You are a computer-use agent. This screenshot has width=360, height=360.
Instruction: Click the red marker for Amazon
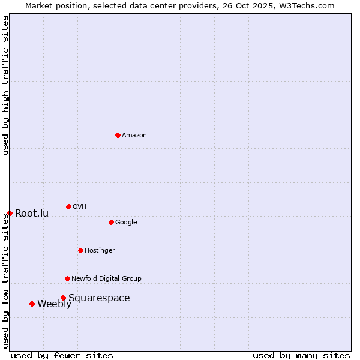118,135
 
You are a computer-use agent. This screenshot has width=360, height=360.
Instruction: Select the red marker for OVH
68,206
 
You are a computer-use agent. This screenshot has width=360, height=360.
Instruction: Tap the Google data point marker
111,222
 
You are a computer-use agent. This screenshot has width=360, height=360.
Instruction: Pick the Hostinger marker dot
80,250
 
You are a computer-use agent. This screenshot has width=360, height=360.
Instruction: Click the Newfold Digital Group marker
67,278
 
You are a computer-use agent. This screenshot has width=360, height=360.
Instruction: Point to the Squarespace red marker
63,298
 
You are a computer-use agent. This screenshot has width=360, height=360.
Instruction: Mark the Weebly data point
32,304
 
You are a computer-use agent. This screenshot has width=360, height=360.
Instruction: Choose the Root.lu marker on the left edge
10,213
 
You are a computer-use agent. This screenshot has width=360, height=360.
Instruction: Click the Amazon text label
134,136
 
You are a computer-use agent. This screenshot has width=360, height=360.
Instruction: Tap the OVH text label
80,207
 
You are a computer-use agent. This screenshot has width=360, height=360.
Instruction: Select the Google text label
126,223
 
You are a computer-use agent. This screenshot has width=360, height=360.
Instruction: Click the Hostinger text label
100,251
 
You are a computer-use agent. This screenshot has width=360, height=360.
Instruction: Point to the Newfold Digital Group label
106,278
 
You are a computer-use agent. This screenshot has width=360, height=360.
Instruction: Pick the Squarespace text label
99,298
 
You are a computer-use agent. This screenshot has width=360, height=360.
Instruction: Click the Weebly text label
54,304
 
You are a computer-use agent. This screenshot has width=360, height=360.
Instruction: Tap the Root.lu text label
32,214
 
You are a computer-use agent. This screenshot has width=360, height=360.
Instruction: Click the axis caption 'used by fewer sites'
62,355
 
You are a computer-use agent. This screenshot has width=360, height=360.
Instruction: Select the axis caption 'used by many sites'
301,355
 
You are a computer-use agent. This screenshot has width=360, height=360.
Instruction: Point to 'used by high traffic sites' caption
6,85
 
